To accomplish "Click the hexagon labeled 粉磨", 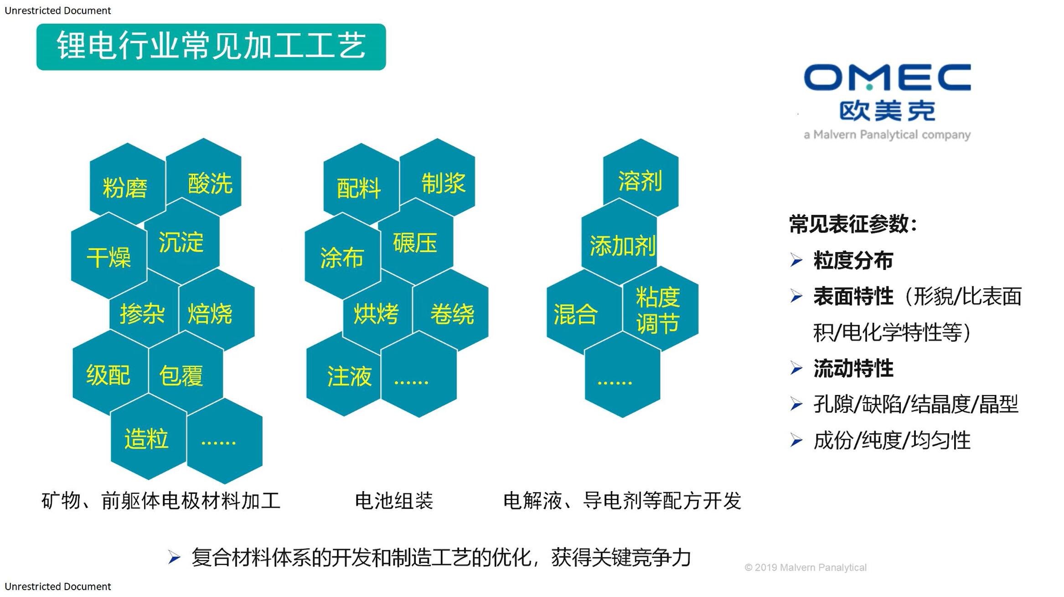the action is [127, 185].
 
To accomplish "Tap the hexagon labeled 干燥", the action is [109, 256].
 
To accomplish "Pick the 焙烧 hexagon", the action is [217, 310].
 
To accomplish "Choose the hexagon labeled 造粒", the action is [148, 437].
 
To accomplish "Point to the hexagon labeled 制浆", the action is [437, 177].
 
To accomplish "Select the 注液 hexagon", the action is [344, 374].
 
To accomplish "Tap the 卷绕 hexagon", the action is [450, 311].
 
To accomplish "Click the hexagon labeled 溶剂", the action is [640, 178].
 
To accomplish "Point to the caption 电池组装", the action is [394, 500].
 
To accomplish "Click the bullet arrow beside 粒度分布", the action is [796, 260].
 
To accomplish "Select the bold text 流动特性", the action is [853, 368].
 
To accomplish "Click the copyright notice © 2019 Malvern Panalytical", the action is [806, 567].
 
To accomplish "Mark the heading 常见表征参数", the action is [849, 224].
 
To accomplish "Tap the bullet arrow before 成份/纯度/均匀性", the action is [796, 440].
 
